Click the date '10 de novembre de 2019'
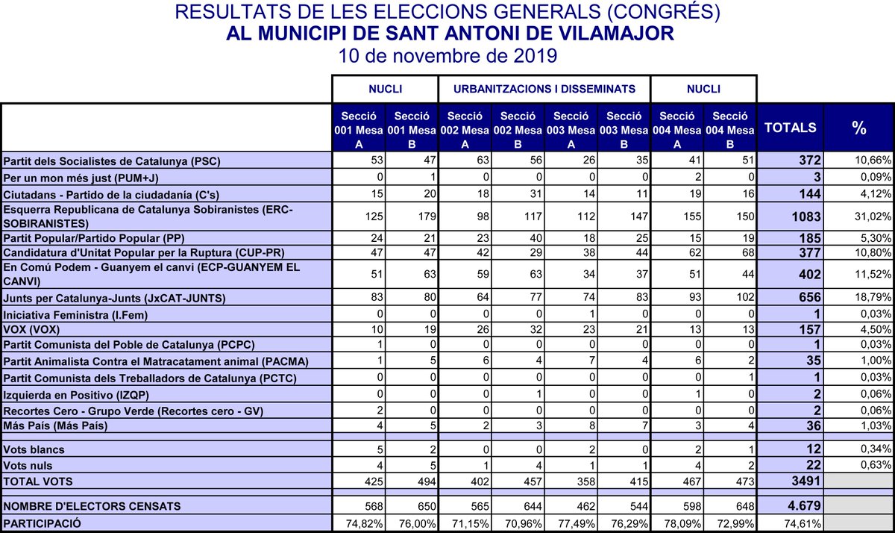coord(447,56)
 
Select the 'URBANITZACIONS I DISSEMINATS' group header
coord(544,89)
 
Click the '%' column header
coord(859,128)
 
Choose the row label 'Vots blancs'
coord(34,450)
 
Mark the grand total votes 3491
coord(805,482)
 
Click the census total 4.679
coord(803,506)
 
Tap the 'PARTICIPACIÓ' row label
coord(43,524)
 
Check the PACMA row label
coord(145,362)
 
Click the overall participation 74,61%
coord(805,524)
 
